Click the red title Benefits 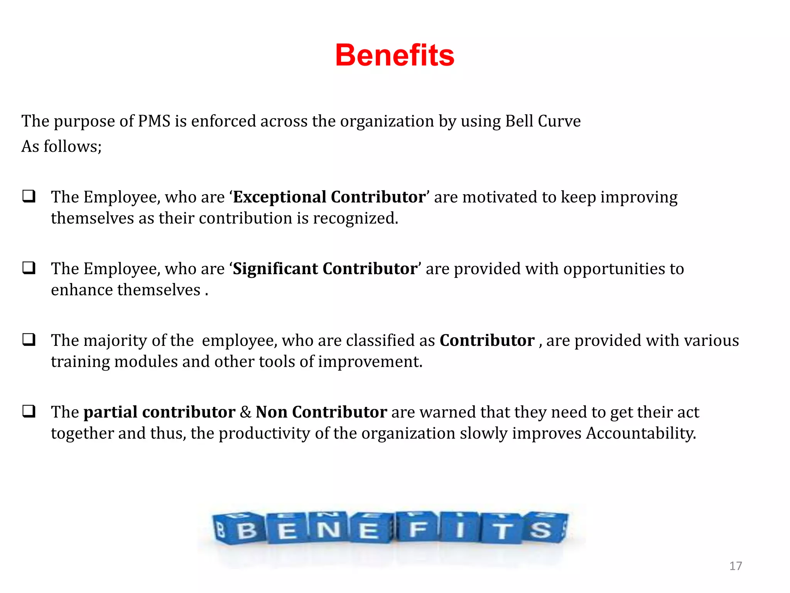[395, 55]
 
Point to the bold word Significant [275, 269]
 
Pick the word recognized [355, 219]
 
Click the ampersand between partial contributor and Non [245, 412]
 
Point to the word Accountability [641, 434]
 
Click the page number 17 [735, 566]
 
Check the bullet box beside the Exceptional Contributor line [29, 197]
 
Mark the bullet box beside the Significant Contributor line [29, 268]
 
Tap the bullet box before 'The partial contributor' [29, 412]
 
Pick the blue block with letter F [418, 528]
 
